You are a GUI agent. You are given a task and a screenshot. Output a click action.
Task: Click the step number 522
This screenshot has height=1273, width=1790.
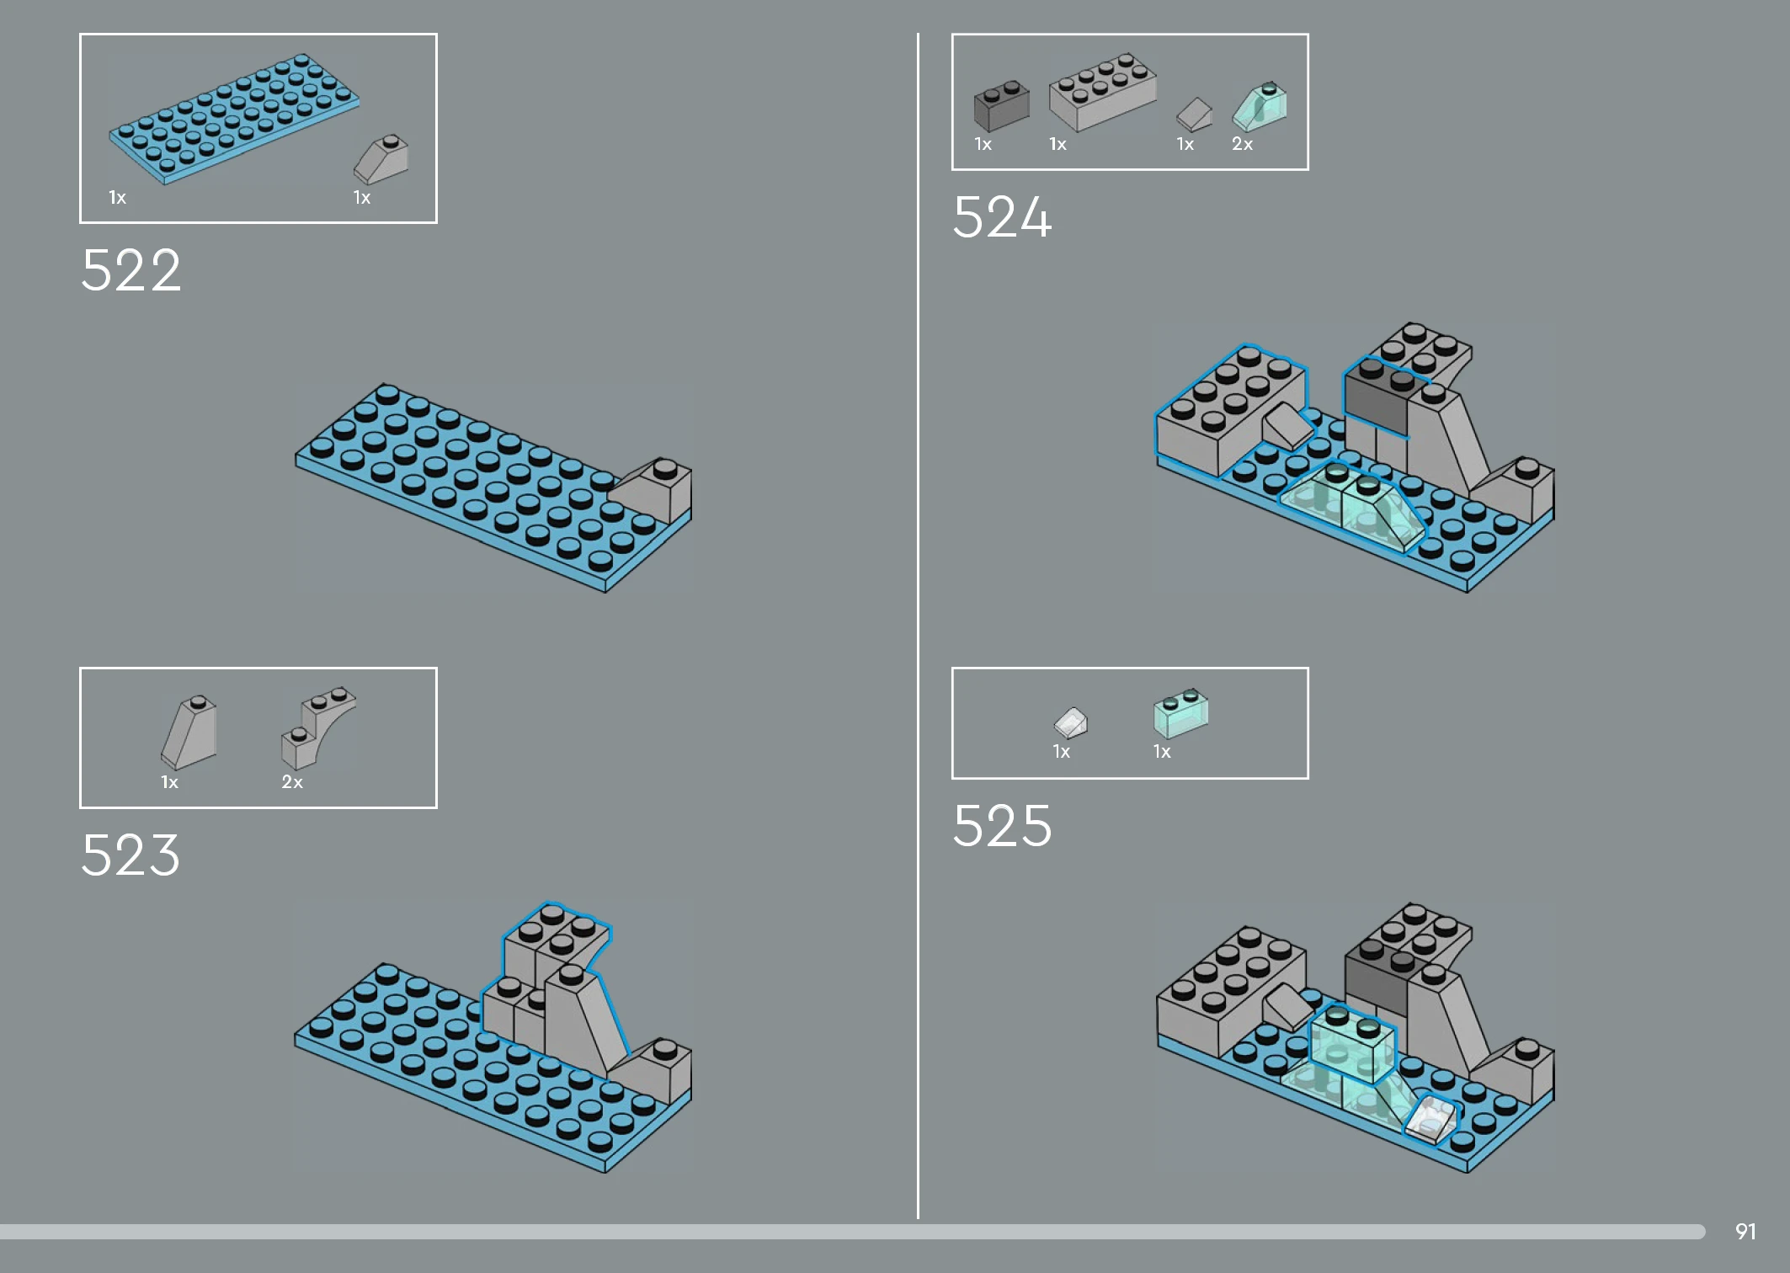tap(131, 270)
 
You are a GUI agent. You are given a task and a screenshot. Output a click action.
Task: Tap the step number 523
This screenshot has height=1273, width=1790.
tap(131, 855)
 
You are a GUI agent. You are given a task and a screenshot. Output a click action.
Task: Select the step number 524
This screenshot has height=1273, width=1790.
tap(1002, 217)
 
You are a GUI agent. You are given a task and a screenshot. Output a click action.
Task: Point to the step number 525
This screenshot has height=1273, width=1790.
tap(1002, 825)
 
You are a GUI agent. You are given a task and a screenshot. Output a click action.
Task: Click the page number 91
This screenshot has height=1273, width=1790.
tap(1745, 1232)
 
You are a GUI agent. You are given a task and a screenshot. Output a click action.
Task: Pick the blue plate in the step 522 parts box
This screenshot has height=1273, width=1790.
tap(234, 119)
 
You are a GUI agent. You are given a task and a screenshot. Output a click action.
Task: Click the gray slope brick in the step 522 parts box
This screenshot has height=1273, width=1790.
tap(381, 159)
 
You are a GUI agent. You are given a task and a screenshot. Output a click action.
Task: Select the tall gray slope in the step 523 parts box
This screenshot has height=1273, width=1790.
tap(189, 732)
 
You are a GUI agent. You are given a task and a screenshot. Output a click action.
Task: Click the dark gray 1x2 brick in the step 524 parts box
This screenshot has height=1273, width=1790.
tap(1002, 106)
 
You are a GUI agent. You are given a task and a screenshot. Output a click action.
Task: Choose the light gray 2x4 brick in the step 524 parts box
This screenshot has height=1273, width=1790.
tap(1103, 92)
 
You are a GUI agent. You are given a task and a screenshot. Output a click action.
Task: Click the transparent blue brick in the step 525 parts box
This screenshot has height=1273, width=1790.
tap(1180, 713)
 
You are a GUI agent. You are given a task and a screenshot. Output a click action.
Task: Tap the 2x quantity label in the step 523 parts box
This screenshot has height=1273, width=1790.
tap(292, 782)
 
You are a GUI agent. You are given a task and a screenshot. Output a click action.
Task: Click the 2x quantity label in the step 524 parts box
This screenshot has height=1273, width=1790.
tap(1243, 144)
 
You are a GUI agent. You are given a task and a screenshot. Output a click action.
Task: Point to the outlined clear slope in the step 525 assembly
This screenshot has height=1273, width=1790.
tap(1430, 1119)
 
